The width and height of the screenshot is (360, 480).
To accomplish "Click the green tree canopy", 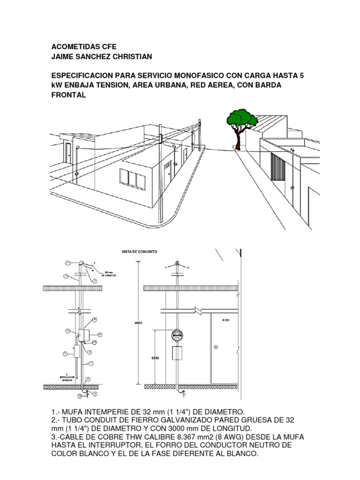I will tap(242, 117).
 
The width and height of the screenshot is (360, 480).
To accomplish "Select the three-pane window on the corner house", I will tap(131, 177).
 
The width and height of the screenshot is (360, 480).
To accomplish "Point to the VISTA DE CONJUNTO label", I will tap(134, 252).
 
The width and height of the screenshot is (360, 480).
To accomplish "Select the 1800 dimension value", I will tap(155, 358).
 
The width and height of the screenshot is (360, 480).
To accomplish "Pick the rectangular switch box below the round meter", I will tap(178, 353).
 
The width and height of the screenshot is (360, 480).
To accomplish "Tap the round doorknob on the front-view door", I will tap(216, 347).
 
